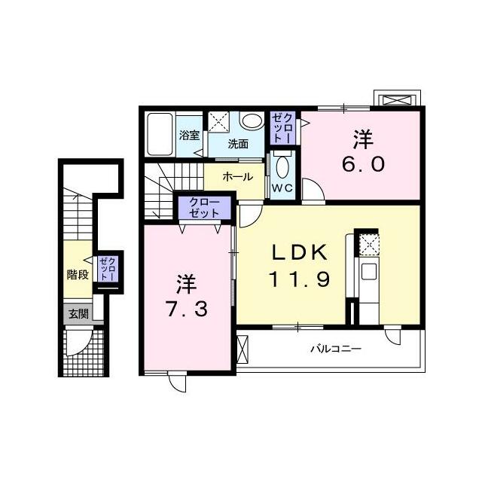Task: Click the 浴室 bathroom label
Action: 189,136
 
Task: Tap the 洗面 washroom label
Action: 238,144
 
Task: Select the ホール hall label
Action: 238,176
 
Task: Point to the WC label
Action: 283,188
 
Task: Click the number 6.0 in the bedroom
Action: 363,164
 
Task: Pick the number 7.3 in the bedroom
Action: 187,309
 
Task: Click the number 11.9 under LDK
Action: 300,279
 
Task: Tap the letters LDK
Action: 299,253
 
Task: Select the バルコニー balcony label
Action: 336,349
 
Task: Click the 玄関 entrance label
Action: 78,313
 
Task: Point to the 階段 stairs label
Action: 78,274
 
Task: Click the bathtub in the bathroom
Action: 160,134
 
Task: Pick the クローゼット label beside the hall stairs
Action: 204,208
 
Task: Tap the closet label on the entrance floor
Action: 107,269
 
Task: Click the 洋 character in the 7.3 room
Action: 187,284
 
